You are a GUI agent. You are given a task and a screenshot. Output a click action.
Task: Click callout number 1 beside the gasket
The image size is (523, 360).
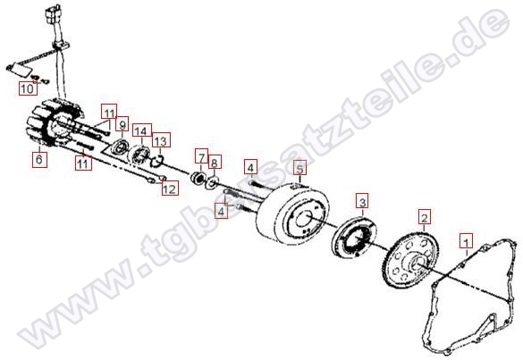464,240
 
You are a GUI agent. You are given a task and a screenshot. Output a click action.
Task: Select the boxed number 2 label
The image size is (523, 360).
425,216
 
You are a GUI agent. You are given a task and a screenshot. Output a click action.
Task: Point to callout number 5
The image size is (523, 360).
300,168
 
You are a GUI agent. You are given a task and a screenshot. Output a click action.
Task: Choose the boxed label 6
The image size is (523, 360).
38,161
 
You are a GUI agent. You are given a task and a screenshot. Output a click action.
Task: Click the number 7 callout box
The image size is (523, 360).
201,155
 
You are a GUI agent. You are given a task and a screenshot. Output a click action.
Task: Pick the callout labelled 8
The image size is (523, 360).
215,162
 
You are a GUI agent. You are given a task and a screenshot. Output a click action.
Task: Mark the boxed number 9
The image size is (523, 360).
122,124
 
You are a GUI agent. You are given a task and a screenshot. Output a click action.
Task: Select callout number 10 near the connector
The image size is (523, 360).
27,89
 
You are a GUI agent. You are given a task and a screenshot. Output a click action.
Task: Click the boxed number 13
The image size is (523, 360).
161,142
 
